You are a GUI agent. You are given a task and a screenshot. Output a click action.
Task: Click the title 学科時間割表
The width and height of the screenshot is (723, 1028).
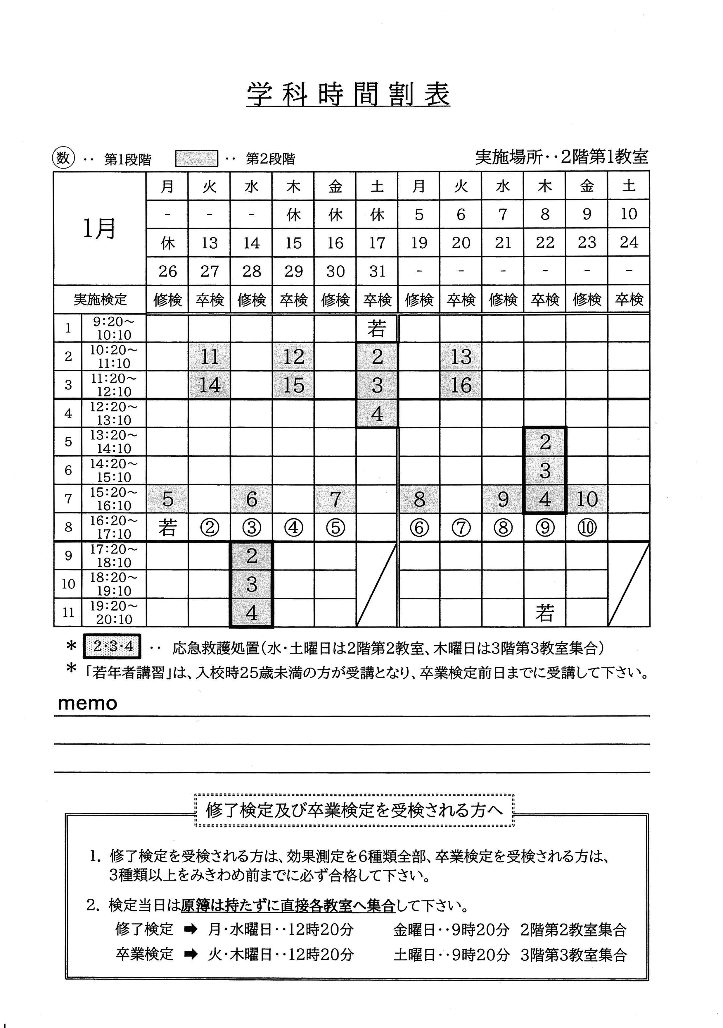(348, 94)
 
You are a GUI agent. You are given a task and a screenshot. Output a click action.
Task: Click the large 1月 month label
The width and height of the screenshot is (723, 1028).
(99, 228)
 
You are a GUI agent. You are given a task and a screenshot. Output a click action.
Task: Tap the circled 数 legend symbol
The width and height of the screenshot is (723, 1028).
(63, 158)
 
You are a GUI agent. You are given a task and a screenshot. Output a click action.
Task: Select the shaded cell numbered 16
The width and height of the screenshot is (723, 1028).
(461, 385)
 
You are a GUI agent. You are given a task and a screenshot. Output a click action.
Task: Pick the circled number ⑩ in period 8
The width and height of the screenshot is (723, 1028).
(587, 527)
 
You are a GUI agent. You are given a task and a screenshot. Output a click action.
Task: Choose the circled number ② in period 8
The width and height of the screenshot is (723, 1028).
(209, 528)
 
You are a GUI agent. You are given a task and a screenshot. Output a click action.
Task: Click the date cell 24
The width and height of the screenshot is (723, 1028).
(629, 242)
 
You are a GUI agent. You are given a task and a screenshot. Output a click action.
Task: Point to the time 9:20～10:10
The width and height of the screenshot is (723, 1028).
(114, 328)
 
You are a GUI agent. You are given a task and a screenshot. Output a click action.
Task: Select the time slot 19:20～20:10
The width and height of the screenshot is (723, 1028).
(114, 612)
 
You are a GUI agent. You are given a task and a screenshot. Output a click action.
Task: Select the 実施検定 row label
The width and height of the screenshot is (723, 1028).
(100, 299)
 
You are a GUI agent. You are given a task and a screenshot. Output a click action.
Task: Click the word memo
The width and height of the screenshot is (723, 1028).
(88, 703)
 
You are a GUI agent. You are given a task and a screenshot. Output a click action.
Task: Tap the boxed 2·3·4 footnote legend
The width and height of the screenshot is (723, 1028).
(112, 646)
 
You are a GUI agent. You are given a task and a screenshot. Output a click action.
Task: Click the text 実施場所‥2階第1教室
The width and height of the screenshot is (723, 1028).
(561, 157)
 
